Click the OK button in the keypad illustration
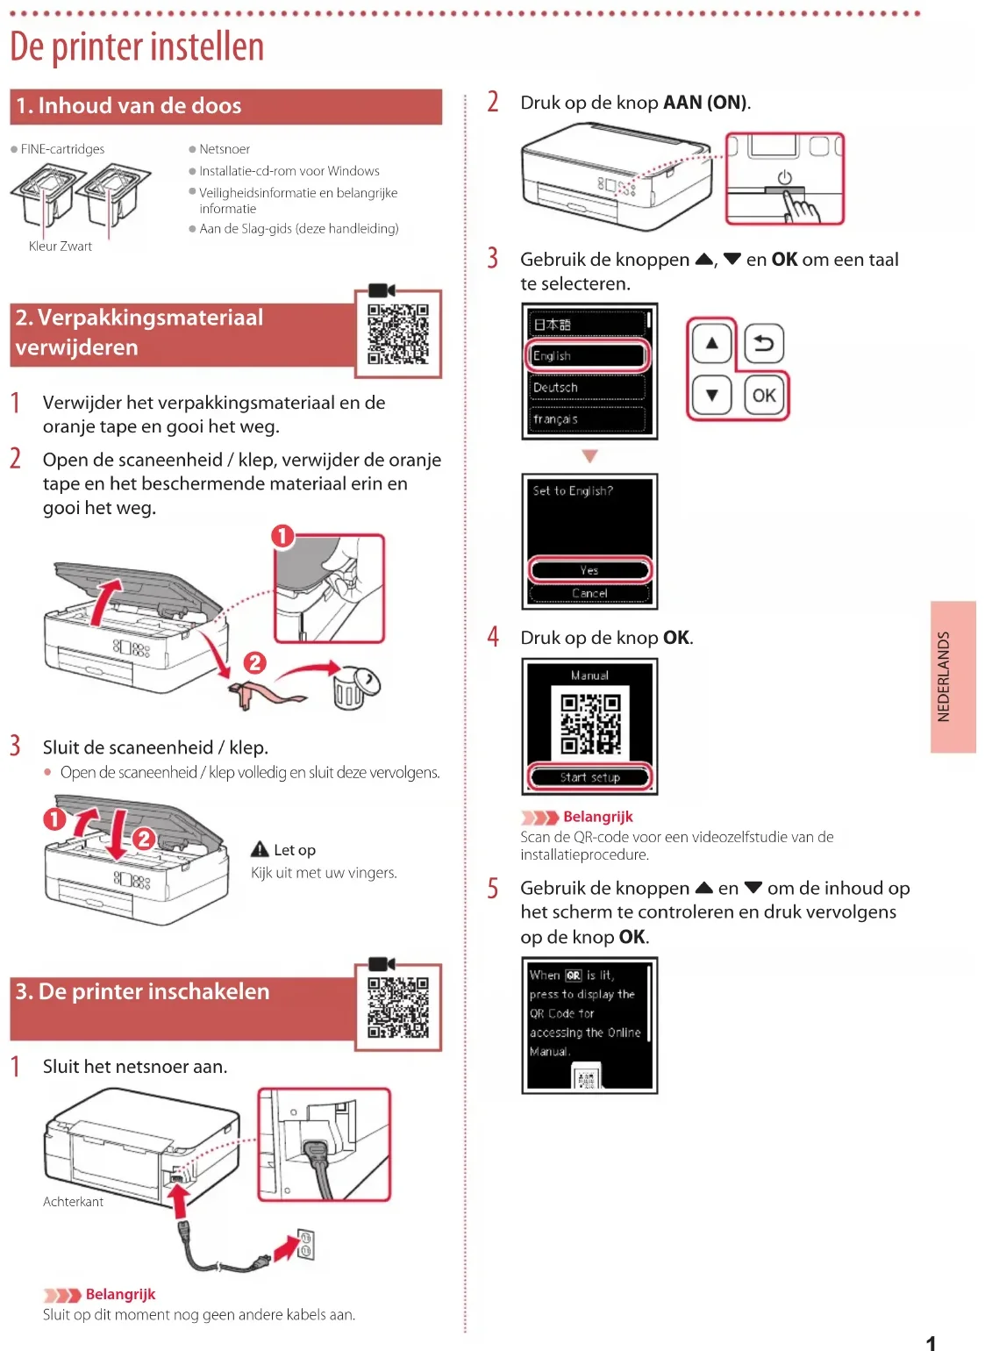[763, 395]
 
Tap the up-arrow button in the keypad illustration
[711, 343]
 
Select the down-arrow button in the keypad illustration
[711, 395]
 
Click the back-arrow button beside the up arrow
[763, 343]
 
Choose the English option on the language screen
[588, 355]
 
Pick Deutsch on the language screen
[588, 387]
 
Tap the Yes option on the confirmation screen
[589, 569]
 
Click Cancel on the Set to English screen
[589, 593]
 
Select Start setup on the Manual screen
[589, 777]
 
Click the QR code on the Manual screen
[590, 723]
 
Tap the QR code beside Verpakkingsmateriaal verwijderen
[398, 333]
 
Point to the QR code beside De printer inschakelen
[398, 1007]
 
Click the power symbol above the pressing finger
[783, 177]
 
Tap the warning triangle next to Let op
[260, 849]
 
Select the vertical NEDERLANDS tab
[953, 676]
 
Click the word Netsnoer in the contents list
[225, 149]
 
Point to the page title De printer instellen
[137, 47]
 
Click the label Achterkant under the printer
[73, 1202]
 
